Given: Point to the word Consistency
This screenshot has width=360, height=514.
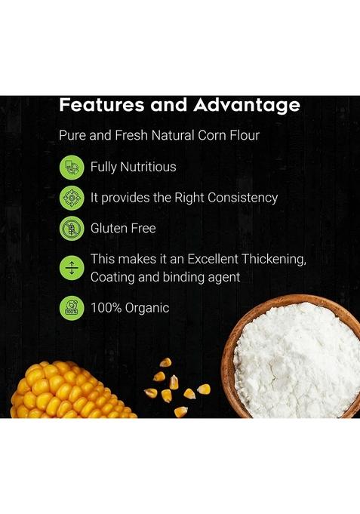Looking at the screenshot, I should (238, 198).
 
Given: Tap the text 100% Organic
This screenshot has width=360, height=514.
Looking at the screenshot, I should (129, 308).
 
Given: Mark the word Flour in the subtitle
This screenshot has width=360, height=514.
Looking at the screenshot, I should (242, 137).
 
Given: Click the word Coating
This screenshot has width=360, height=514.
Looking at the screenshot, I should (112, 277).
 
